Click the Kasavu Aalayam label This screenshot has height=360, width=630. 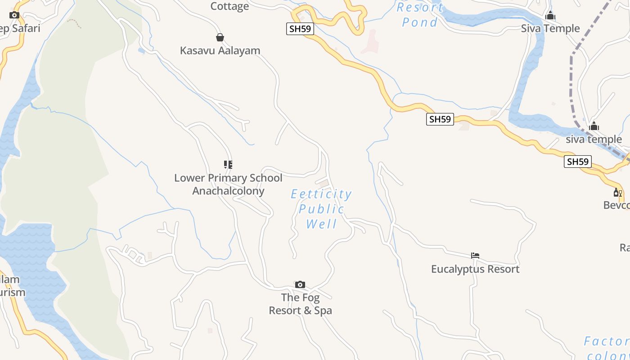pyautogui.click(x=220, y=50)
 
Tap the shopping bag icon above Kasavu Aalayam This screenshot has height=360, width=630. pyautogui.click(x=220, y=37)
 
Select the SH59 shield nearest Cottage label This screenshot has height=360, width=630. pyautogui.click(x=300, y=29)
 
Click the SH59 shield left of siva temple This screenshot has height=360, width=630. pyautogui.click(x=440, y=119)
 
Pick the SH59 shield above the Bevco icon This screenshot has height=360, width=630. pyautogui.click(x=577, y=162)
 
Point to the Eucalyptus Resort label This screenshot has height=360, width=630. pyautogui.click(x=475, y=269)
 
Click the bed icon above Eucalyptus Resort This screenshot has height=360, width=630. pyautogui.click(x=475, y=256)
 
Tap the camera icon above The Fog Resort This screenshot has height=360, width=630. pyautogui.click(x=300, y=284)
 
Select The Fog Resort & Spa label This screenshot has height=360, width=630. pyautogui.click(x=300, y=304)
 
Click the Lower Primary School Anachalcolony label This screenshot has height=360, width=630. pyautogui.click(x=228, y=184)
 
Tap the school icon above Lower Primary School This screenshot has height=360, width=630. pyautogui.click(x=228, y=165)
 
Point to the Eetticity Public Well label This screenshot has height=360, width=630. pyautogui.click(x=321, y=209)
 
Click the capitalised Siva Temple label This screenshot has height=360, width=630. pyautogui.click(x=550, y=28)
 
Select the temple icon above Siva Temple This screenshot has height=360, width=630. pyautogui.click(x=550, y=16)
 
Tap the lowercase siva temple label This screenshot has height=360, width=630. pyautogui.click(x=594, y=139)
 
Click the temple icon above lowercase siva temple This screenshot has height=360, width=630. pyautogui.click(x=594, y=126)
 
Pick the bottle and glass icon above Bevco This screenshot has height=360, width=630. pyautogui.click(x=617, y=193)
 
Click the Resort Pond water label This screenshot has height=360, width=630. pyautogui.click(x=420, y=14)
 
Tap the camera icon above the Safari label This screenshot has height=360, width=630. pyautogui.click(x=14, y=15)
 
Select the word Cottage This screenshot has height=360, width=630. pyautogui.click(x=229, y=6)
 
